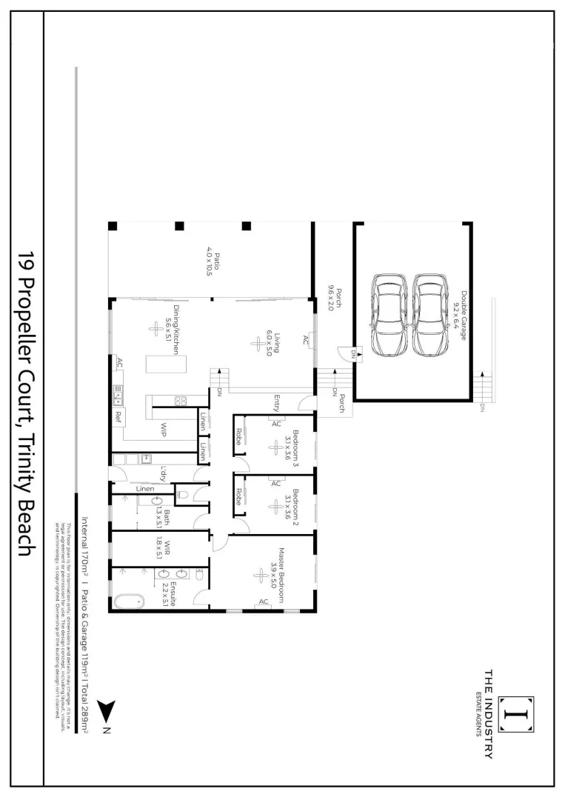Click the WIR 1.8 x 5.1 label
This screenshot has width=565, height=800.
click(168, 549)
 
